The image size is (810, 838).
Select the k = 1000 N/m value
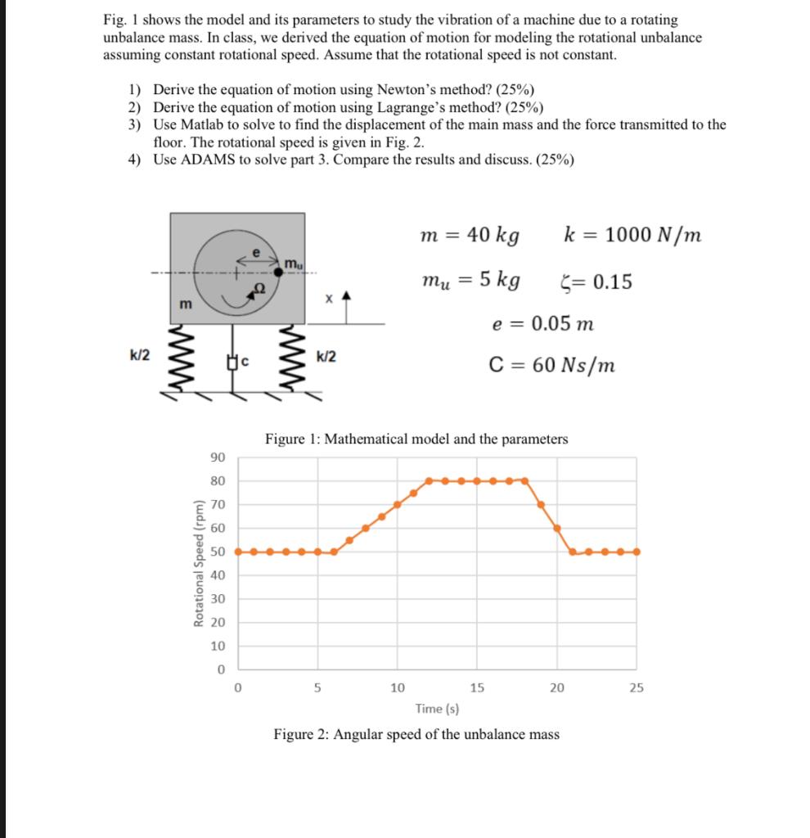[x=632, y=235]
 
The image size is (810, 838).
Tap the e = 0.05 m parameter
[x=542, y=323]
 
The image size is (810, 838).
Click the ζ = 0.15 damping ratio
[x=594, y=282]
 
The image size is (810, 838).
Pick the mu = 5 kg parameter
[x=470, y=281]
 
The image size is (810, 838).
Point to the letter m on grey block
[x=187, y=304]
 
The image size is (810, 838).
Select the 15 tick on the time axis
[x=476, y=687]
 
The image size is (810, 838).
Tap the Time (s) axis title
[x=437, y=709]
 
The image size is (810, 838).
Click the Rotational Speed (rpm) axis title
[x=198, y=563]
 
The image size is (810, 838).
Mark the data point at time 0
[x=238, y=552]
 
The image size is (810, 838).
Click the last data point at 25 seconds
[x=637, y=552]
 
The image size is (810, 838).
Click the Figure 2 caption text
[x=416, y=734]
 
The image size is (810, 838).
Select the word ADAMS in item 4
[x=209, y=160]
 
